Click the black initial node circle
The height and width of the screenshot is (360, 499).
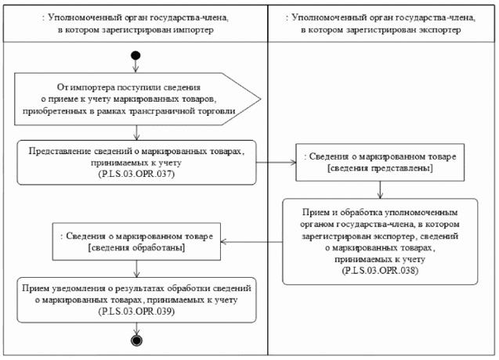(136, 56)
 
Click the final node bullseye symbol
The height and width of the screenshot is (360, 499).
(136, 340)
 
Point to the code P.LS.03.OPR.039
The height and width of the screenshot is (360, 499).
(137, 311)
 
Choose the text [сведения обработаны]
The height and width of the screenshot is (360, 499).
(137, 247)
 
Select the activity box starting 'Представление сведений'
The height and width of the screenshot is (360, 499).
(137, 162)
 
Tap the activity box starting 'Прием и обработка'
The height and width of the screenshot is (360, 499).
(381, 240)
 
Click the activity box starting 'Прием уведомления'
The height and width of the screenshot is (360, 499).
(137, 300)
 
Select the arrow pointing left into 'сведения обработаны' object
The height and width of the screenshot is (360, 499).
(251, 240)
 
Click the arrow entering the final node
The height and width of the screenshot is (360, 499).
(136, 329)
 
